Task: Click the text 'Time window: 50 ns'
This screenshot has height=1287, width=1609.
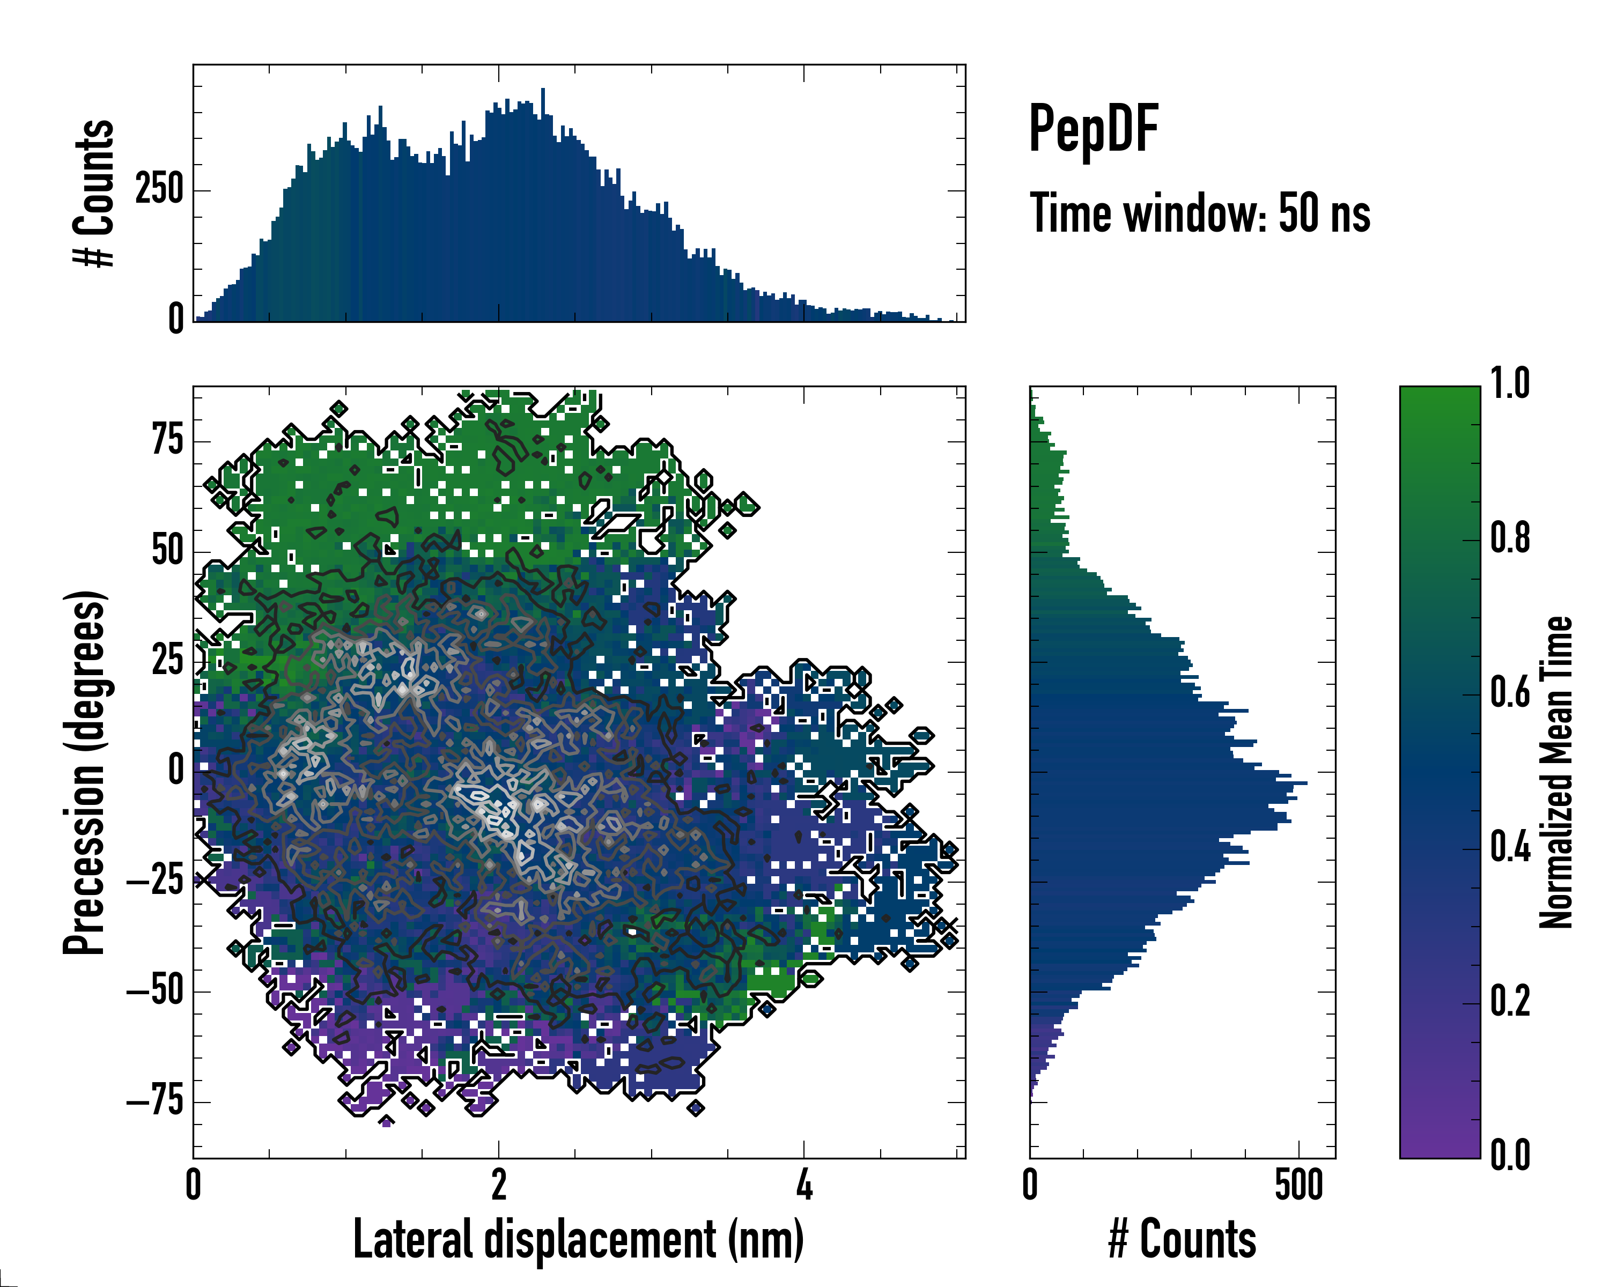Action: point(1199,213)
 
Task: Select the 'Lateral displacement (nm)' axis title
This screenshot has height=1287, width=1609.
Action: point(578,1239)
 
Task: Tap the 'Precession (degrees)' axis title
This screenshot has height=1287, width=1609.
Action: point(84,772)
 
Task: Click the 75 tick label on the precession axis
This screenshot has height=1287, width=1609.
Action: point(167,440)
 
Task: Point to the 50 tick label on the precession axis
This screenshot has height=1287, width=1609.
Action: point(167,551)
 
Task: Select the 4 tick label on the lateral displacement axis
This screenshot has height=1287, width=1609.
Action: point(804,1186)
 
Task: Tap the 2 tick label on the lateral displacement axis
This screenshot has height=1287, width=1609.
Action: point(498,1186)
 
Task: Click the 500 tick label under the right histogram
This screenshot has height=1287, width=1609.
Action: point(1298,1186)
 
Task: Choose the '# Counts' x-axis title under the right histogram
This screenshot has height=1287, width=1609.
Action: point(1182,1239)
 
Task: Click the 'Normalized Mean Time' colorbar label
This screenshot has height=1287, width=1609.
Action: point(1556,772)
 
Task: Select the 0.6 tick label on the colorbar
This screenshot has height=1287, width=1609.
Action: point(1510,693)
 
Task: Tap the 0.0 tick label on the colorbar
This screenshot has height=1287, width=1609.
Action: point(1510,1156)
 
